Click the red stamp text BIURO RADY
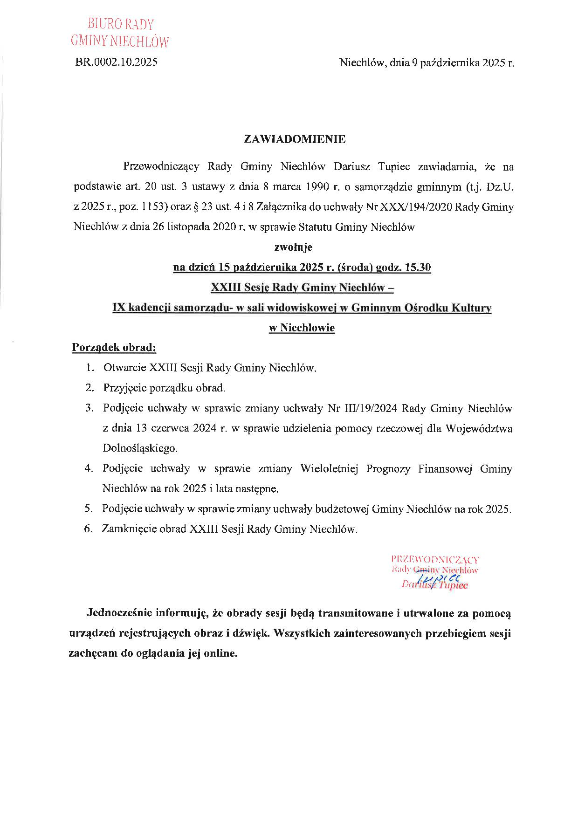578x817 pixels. [121, 24]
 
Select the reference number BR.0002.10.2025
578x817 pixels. [116, 62]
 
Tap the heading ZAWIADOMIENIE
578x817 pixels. [295, 139]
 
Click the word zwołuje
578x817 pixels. [293, 247]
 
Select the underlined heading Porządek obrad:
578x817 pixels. [114, 348]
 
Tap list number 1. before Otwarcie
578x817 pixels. [90, 368]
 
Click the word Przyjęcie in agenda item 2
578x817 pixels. [123, 388]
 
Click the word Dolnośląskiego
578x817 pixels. [140, 448]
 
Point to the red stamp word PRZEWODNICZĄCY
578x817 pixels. [435, 560]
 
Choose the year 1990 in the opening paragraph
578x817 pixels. [318, 187]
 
